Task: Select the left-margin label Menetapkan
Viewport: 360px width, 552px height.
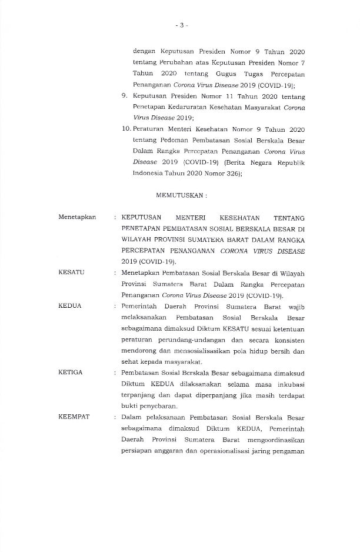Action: tap(77, 217)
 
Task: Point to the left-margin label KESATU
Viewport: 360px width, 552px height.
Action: tap(71, 273)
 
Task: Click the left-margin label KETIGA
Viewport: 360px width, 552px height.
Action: tap(71, 373)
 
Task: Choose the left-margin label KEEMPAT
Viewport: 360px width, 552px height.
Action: tap(74, 417)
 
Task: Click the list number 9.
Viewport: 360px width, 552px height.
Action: tap(125, 96)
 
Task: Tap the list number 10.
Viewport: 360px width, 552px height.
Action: tap(125, 129)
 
